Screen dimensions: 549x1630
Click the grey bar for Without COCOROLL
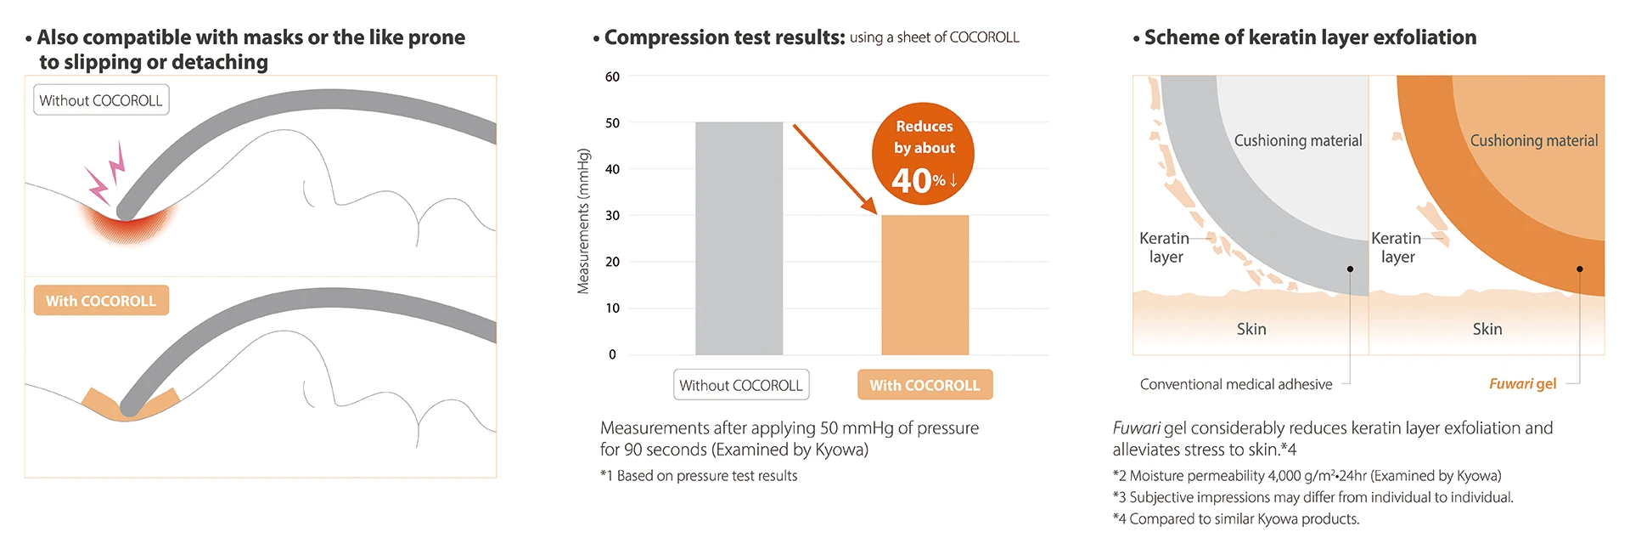[x=739, y=238]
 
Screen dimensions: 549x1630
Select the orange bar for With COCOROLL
[x=925, y=285]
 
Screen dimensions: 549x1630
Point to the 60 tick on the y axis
[x=612, y=76]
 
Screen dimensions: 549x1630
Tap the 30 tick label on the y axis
[x=612, y=216]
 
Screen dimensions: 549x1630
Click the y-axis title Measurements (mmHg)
[x=583, y=221]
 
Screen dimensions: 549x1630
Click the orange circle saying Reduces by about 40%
[x=923, y=154]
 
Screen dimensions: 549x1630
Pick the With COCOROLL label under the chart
[x=925, y=385]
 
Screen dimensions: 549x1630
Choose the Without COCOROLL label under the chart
[x=740, y=385]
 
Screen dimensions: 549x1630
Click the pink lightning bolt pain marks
[x=106, y=174]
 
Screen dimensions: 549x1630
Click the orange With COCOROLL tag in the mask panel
[x=101, y=301]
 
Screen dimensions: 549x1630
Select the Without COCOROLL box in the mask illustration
[x=101, y=100]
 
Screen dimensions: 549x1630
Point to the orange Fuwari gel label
[x=1522, y=384]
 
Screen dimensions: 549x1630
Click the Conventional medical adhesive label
[x=1236, y=384]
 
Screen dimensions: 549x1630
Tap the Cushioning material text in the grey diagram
[x=1297, y=141]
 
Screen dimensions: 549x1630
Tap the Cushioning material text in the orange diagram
[x=1533, y=141]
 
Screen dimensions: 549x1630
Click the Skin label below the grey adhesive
[x=1251, y=329]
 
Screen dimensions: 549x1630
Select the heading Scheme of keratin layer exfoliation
[x=1310, y=37]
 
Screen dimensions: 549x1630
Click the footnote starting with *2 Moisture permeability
[x=1307, y=476]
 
